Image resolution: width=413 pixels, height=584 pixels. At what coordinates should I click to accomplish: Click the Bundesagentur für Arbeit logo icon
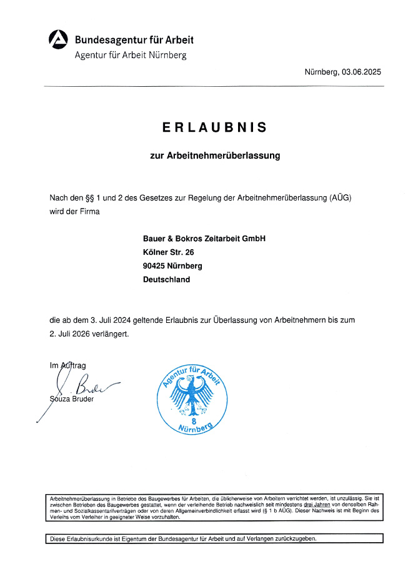58,39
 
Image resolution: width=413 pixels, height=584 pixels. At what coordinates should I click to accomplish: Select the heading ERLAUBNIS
215,127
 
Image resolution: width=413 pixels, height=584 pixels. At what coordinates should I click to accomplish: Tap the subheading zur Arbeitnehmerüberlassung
215,156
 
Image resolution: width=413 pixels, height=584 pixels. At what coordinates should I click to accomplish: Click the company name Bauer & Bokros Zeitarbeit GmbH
204,239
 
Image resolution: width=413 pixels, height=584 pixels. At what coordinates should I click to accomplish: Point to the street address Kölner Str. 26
169,252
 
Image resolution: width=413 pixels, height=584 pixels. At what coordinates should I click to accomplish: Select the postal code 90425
154,266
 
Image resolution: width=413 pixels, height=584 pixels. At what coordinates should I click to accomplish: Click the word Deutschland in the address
166,280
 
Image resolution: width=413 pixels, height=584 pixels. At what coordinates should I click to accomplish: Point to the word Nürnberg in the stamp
195,429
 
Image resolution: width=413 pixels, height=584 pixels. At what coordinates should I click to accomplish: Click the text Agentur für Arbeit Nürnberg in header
130,54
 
